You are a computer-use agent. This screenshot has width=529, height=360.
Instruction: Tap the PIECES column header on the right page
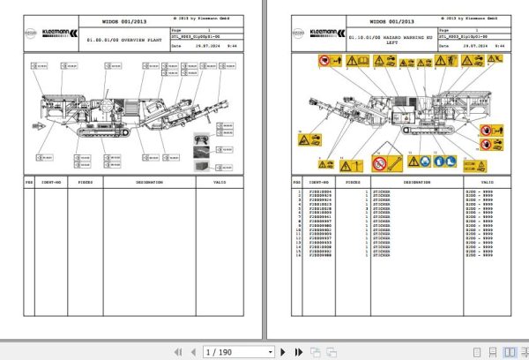pos(352,182)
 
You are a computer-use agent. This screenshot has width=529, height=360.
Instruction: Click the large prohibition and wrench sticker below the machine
pos(381,163)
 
